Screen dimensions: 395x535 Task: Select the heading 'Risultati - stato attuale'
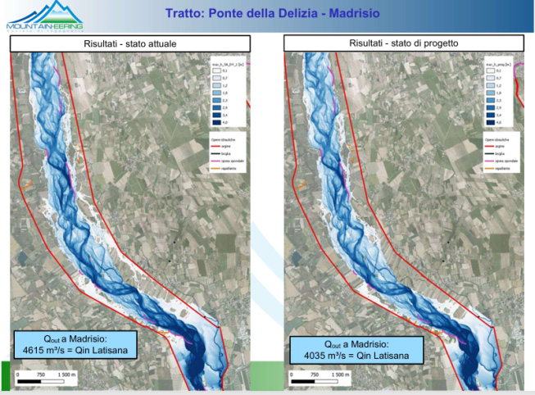click(x=129, y=43)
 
